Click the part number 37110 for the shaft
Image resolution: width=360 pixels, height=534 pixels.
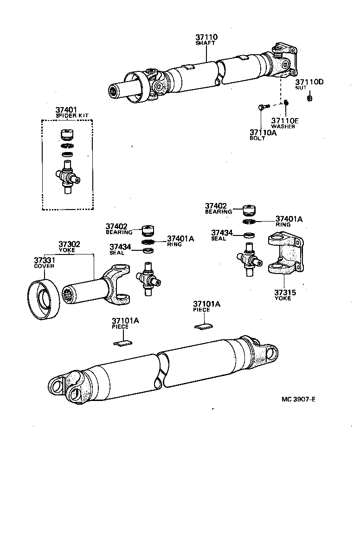point(206,37)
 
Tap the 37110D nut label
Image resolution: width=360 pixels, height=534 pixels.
point(309,82)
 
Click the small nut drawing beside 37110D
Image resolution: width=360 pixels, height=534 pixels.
point(309,98)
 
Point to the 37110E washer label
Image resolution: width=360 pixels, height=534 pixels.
point(284,121)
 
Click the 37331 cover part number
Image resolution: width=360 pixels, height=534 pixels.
point(44,261)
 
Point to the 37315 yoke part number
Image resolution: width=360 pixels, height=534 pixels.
point(284,292)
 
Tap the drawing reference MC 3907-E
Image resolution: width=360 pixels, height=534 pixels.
point(298,399)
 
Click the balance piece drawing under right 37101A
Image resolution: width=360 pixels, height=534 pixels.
point(203,326)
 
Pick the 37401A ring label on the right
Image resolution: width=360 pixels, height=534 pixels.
point(289,219)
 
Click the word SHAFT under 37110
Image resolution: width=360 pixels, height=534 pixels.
point(206,43)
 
